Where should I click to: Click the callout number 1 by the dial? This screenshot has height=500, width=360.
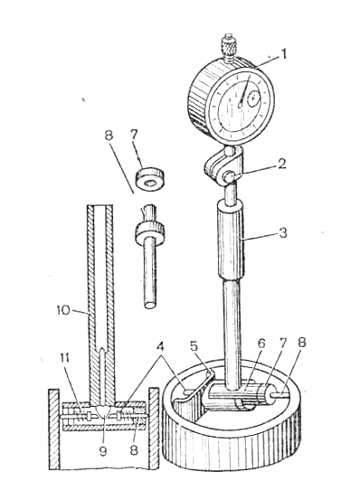281,54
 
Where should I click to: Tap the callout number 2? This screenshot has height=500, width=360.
281,165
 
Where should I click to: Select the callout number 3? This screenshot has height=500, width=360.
282,233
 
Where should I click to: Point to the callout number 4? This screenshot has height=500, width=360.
162,347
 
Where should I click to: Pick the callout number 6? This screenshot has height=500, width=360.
261,344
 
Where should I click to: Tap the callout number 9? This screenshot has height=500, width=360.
103,451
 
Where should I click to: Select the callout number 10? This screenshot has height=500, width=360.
63,311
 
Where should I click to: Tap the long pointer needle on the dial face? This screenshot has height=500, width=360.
244,90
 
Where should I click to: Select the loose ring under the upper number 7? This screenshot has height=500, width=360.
150,179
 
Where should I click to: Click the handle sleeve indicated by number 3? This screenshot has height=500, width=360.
232,241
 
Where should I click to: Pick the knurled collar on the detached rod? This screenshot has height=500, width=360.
149,231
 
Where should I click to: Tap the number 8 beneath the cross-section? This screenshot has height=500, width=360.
134,450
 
